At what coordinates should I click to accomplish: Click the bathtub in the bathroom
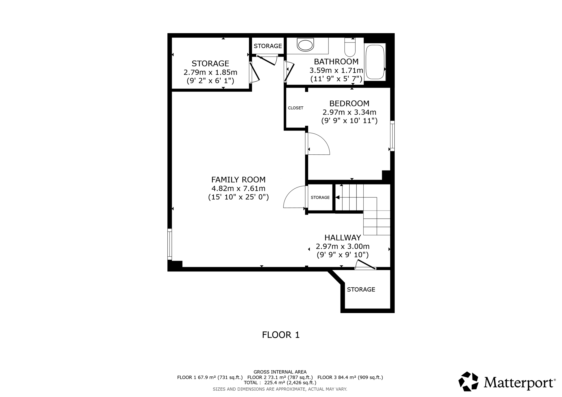coord(375,62)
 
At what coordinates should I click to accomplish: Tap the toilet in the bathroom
coord(350,48)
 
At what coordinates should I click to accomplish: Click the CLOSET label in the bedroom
coord(296,108)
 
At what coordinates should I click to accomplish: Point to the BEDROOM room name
coord(349,103)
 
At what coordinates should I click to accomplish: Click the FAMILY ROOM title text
coord(238,180)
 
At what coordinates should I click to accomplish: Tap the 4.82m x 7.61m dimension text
coord(238,188)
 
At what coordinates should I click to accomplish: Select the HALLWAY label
coord(342,237)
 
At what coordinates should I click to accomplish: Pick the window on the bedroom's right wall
coord(392,136)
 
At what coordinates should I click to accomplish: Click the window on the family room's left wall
coord(170,244)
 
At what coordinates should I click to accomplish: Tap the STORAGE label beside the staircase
coord(320,197)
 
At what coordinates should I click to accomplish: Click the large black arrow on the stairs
coord(338,197)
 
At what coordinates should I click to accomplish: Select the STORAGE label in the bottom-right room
coord(361,290)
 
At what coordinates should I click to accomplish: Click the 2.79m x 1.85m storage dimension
coord(210,72)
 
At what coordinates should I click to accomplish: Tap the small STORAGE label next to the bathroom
coord(268,46)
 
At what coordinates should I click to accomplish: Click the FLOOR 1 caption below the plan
coord(281,335)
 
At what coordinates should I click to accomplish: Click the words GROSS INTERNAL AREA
coord(280,372)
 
